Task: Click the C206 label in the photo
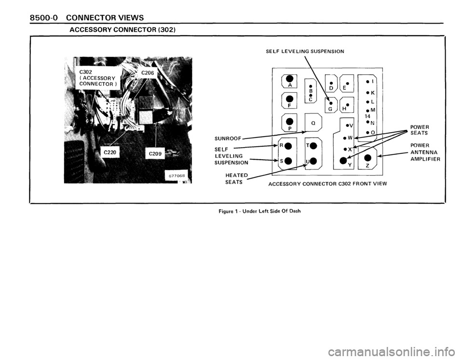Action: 148,74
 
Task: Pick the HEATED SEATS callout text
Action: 236,178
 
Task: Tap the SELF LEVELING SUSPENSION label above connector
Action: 305,51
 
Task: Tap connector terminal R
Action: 285,144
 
